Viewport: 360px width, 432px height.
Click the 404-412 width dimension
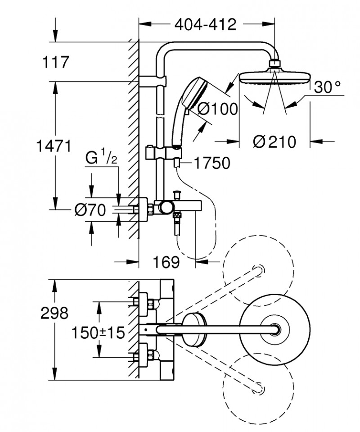tap(205, 24)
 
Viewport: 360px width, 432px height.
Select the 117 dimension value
tap(56, 62)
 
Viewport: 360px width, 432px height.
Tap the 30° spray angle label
tap(327, 87)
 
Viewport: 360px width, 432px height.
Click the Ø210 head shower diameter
tap(274, 141)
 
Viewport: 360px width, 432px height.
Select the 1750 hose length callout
tap(214, 163)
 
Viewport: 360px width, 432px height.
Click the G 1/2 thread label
tap(101, 159)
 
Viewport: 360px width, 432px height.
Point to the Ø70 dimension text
tap(90, 209)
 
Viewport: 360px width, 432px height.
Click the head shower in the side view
tap(274, 77)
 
